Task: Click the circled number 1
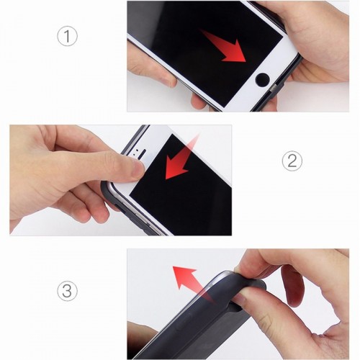67,36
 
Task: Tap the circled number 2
292,161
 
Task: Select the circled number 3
67,291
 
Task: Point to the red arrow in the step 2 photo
181,158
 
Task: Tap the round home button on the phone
262,80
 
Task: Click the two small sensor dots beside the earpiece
135,152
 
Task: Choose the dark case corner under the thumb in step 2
108,189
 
